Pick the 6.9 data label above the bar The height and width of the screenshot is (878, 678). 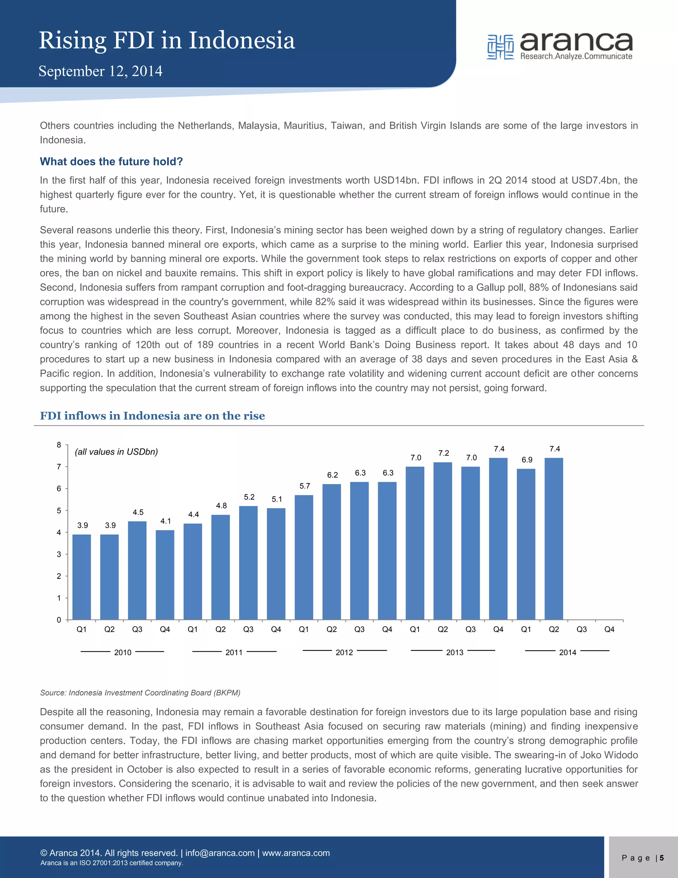527,460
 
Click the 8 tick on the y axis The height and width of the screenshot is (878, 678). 59,445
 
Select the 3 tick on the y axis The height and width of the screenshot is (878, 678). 59,554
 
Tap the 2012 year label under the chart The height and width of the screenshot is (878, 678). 344,652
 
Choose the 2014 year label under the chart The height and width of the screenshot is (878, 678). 567,652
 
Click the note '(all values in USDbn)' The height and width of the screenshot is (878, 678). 117,452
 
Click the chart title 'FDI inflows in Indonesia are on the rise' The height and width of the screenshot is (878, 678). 153,416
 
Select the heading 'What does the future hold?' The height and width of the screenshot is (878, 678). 111,162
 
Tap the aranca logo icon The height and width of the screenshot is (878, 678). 500,47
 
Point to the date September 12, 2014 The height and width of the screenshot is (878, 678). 100,71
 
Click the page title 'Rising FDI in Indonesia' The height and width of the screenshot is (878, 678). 167,41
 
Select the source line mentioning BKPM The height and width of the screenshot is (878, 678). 140,693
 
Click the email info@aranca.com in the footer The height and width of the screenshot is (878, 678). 220,853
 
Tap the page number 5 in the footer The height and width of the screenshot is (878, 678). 661,858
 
